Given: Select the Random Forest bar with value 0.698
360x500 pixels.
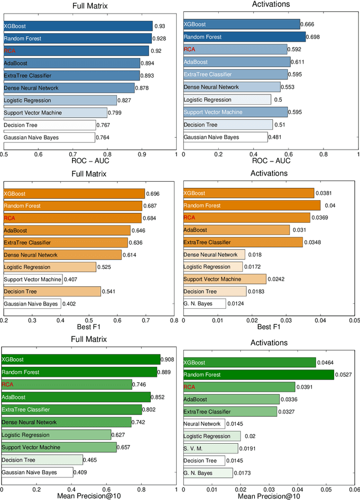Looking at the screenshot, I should (x=245, y=37).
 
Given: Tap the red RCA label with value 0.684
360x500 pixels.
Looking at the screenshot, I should (x=10, y=218).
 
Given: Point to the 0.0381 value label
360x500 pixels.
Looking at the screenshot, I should (x=325, y=193).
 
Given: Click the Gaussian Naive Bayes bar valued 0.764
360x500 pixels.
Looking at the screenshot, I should (x=49, y=137).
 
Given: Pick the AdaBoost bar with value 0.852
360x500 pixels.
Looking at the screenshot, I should (x=76, y=397).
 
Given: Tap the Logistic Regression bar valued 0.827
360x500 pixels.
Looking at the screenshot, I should (x=60, y=100).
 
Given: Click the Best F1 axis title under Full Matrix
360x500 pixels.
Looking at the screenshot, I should (x=88, y=326).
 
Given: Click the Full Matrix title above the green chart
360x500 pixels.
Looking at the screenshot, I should (x=89, y=339).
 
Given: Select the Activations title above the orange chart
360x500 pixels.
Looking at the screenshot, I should (x=269, y=174).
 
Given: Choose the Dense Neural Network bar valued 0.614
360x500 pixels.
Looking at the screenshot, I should (x=62, y=255).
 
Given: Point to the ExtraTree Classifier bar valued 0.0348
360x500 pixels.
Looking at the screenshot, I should (x=243, y=242).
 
